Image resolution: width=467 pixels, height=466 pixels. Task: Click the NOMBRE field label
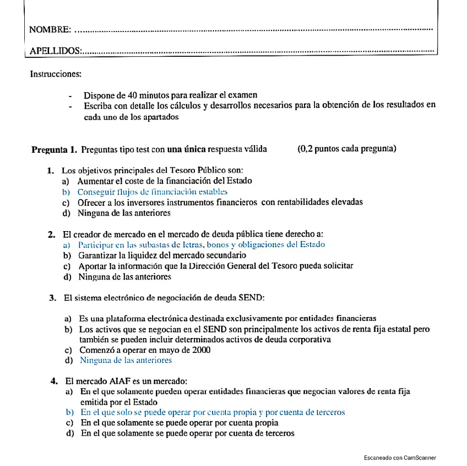click(49, 29)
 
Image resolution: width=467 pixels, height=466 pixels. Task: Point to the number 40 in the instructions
click(132, 95)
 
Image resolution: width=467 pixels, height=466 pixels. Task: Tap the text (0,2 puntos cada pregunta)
click(346, 148)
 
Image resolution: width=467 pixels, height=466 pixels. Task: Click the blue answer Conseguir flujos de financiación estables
click(152, 192)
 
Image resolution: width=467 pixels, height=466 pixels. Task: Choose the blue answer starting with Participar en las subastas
click(202, 244)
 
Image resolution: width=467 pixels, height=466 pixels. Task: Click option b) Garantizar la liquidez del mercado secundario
click(162, 255)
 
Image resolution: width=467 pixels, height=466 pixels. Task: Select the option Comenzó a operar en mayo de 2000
click(144, 350)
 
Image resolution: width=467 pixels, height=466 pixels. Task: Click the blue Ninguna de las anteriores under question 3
click(126, 360)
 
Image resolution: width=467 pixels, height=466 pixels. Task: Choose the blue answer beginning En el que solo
click(213, 412)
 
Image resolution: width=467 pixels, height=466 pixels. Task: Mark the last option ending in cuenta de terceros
click(187, 433)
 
